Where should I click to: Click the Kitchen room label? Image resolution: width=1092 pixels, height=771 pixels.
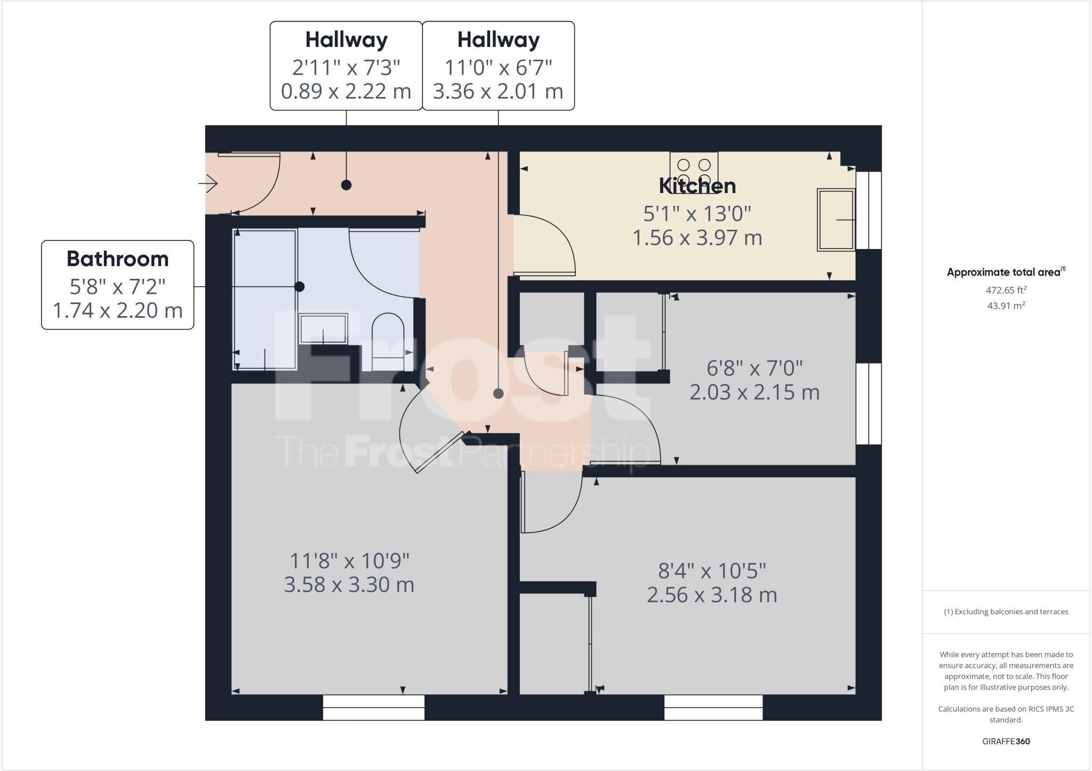coord(697,186)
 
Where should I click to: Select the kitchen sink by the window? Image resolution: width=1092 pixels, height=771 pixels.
coord(836,219)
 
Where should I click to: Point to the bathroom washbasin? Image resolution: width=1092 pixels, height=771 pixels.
coord(323,329)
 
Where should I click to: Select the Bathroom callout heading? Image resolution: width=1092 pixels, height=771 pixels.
coord(117,259)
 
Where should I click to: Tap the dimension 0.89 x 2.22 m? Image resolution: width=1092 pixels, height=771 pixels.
coord(346,92)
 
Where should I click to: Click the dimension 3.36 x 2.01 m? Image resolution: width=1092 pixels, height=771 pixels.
coord(498,92)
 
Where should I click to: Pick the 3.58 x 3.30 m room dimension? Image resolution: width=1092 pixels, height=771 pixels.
coord(349,585)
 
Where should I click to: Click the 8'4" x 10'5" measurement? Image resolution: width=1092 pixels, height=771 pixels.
coord(711,571)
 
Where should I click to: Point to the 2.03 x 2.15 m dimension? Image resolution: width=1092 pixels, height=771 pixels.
coord(754,392)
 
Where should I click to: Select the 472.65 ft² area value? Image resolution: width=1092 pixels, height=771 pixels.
coord(1006,291)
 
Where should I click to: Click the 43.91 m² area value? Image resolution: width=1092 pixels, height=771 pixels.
coord(1006,306)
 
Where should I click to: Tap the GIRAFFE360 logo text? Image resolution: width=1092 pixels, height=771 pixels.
coord(1006,742)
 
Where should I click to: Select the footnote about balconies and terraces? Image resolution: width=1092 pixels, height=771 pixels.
coord(1006,612)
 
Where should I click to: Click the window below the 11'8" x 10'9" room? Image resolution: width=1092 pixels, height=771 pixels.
coord(374,707)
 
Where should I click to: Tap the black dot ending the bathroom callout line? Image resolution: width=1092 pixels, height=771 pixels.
coord(300,287)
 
